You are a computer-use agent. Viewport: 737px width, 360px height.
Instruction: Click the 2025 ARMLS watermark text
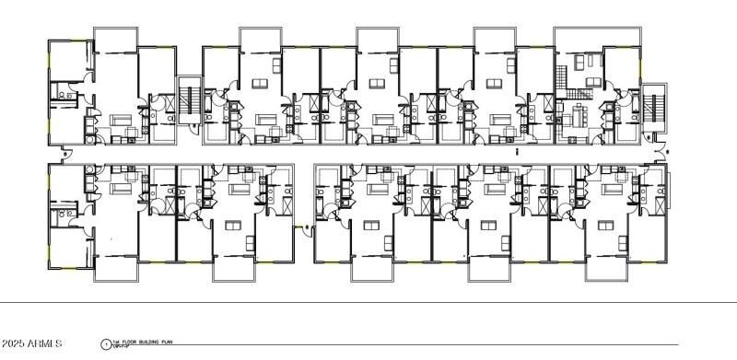pyautogui.click(x=30, y=343)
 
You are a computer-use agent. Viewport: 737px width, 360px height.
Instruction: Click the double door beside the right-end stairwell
pyautogui.click(x=656, y=149)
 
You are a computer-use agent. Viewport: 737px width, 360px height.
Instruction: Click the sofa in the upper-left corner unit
pyautogui.click(x=120, y=120)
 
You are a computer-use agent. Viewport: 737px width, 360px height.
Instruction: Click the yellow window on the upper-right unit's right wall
pyautogui.click(x=638, y=61)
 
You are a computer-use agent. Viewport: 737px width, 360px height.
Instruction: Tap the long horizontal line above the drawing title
pyautogui.click(x=368, y=302)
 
